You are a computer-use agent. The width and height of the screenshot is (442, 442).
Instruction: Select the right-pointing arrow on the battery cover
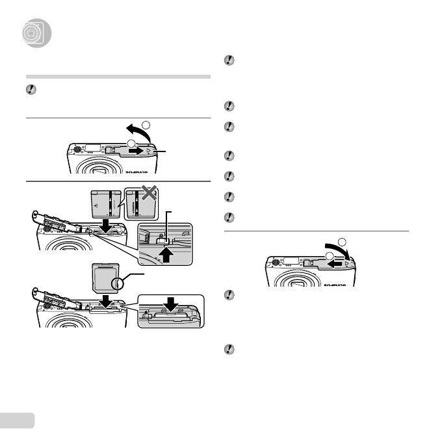pyautogui.click(x=135, y=149)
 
